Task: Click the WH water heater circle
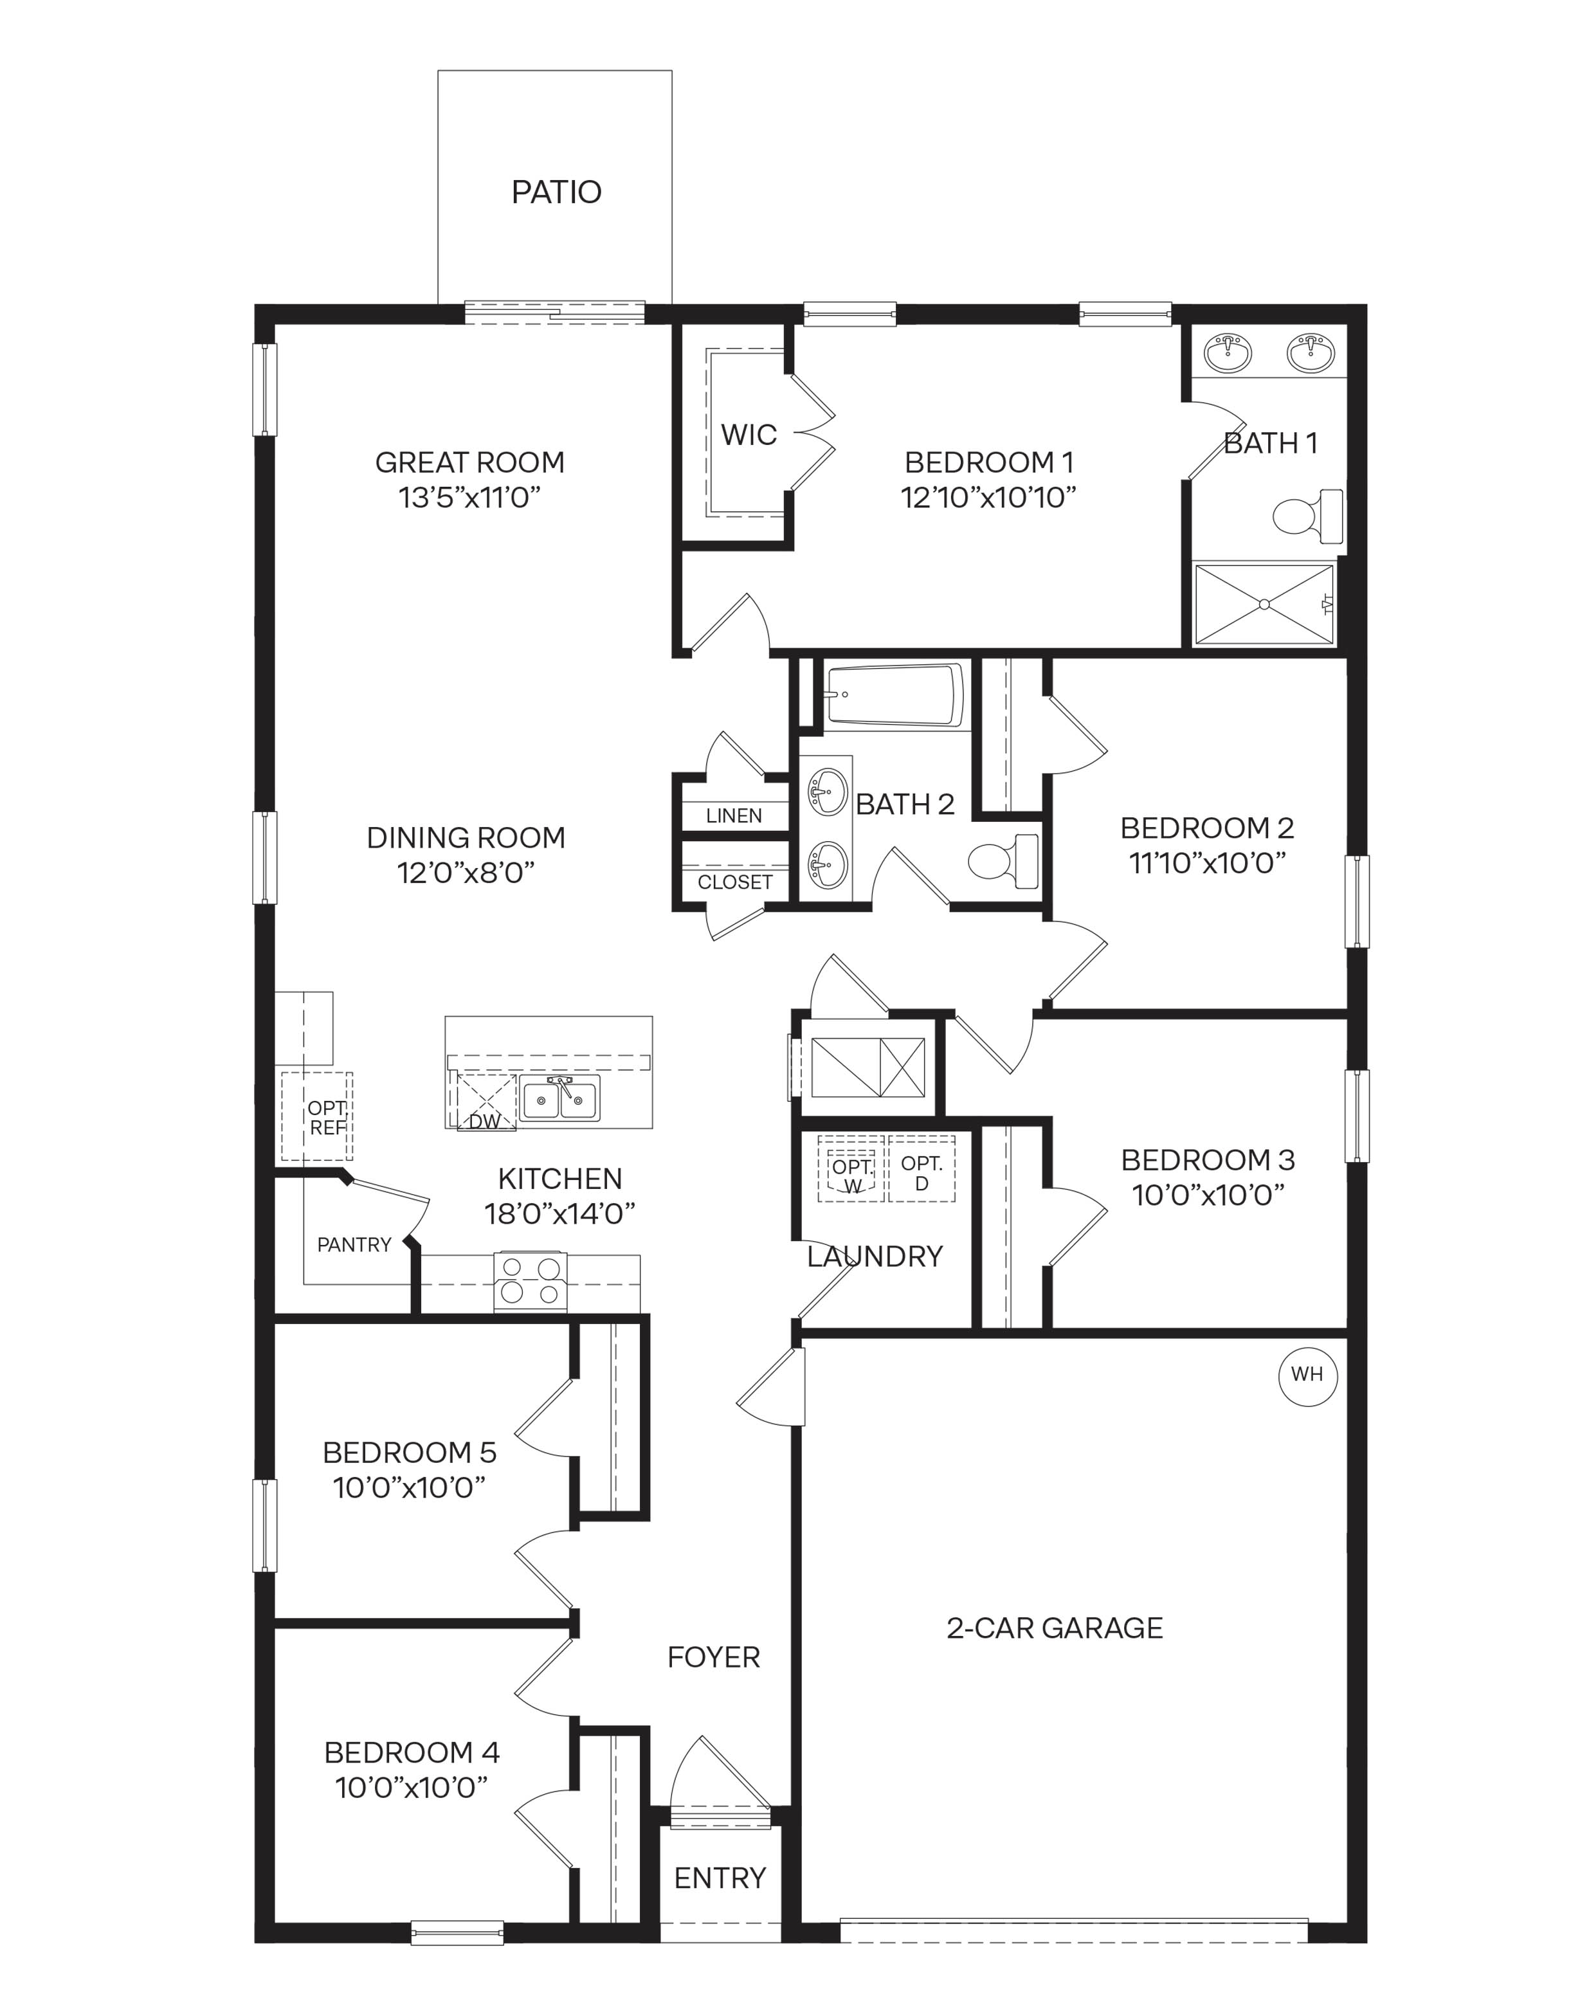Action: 1307,1374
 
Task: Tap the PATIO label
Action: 556,192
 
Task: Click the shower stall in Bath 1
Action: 1264,604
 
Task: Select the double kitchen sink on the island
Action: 559,1098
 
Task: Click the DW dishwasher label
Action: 484,1122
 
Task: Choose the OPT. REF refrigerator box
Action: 317,1117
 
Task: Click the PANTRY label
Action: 354,1244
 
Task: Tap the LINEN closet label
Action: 734,815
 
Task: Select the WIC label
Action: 749,434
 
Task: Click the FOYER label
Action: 713,1657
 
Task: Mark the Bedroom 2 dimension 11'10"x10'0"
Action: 1207,862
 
